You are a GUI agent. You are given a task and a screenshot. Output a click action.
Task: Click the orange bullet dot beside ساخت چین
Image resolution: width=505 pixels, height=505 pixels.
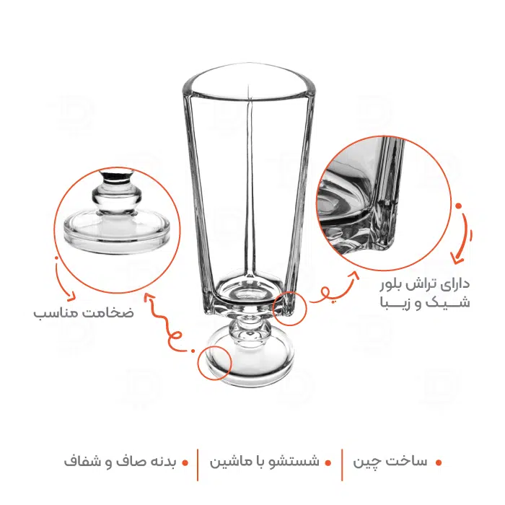tap(438, 463)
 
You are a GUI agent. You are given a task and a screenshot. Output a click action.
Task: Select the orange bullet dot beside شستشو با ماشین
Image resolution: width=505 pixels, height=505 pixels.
tap(328, 463)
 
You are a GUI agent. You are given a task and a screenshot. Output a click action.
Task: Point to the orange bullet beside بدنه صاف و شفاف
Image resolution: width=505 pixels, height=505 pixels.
tap(185, 463)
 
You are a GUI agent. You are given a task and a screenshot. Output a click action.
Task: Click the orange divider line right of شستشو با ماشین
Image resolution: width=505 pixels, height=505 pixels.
tap(342, 465)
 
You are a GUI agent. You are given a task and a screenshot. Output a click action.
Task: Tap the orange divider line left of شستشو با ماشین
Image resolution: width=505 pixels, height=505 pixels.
tap(198, 465)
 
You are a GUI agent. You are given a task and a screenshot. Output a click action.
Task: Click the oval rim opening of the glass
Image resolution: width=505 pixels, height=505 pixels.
tap(249, 82)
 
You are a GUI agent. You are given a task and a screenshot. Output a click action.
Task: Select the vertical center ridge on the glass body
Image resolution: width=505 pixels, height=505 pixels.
tap(250, 183)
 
